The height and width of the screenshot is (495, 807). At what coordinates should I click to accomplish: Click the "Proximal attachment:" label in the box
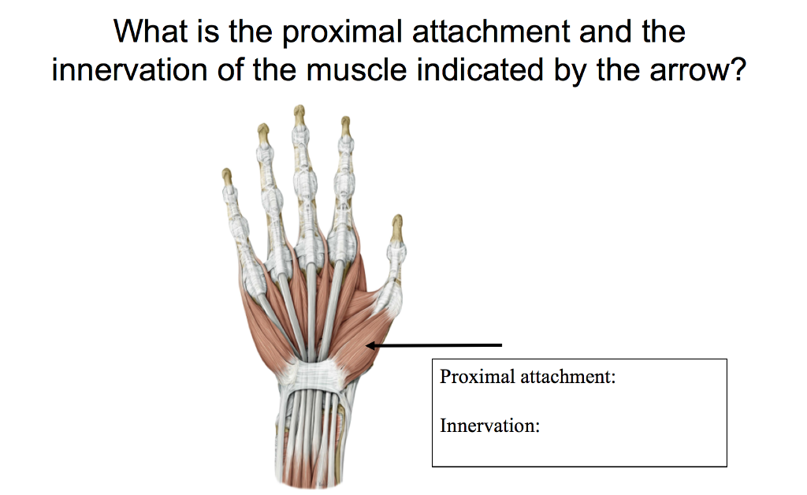coord(527,376)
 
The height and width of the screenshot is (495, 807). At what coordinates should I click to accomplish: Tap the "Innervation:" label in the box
coord(489,426)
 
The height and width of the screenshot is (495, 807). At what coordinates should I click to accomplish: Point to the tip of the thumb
coord(397,220)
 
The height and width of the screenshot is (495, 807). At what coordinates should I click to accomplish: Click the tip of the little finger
coord(227,173)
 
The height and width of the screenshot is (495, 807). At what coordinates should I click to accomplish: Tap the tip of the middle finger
coord(299,109)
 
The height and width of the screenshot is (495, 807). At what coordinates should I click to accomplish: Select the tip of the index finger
coord(344,121)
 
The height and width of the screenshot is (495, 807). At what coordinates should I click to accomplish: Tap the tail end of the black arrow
coord(500,344)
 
